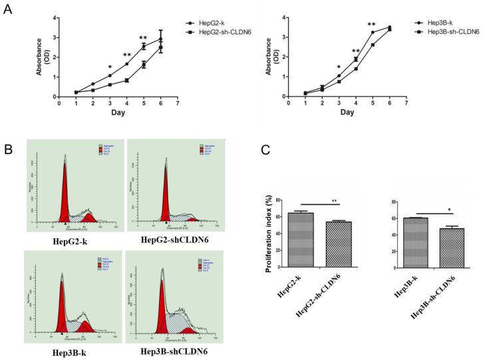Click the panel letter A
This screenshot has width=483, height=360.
(x=9, y=9)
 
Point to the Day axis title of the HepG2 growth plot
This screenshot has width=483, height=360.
(x=118, y=113)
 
